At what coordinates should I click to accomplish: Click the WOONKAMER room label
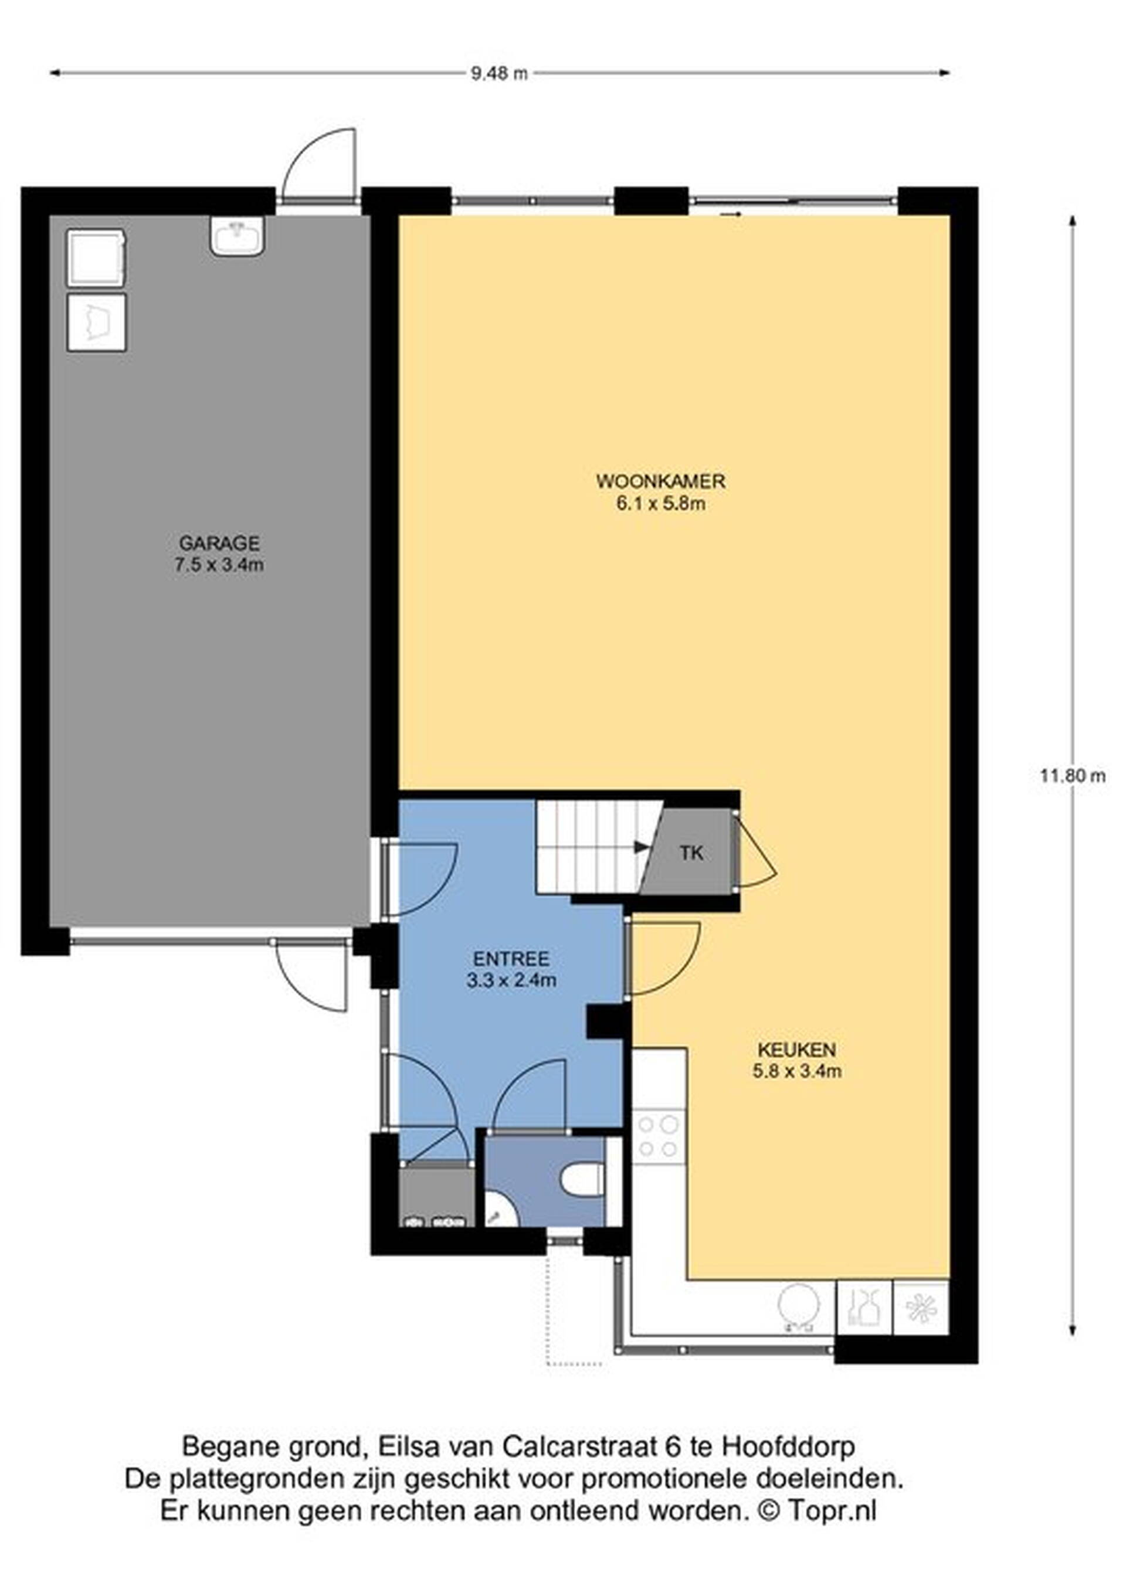pyautogui.click(x=661, y=480)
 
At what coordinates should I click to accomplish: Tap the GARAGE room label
pyautogui.click(x=219, y=542)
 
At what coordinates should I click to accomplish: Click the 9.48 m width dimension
pyautogui.click(x=499, y=73)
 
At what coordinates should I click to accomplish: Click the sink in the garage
pyautogui.click(x=237, y=236)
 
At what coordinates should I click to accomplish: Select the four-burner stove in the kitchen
pyautogui.click(x=659, y=1136)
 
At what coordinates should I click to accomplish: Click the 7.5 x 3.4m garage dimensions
pyautogui.click(x=219, y=565)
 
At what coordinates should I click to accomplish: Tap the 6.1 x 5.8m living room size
pyautogui.click(x=661, y=503)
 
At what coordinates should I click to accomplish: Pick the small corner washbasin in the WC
pyautogui.click(x=497, y=1211)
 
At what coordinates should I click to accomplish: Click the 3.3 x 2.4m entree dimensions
pyautogui.click(x=512, y=980)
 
